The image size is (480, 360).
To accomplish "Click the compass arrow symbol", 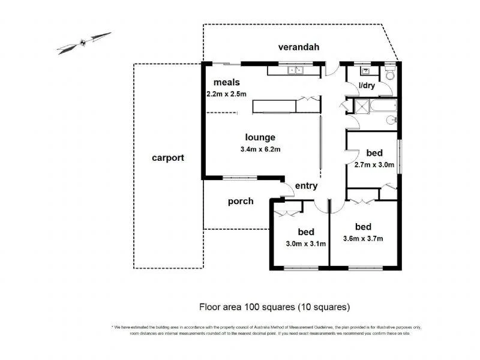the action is pyautogui.click(x=84, y=43).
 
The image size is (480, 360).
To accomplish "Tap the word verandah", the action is pyautogui.click(x=297, y=47).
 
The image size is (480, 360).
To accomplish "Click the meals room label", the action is pyautogui.click(x=227, y=82).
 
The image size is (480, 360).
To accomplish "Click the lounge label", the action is pyautogui.click(x=259, y=137).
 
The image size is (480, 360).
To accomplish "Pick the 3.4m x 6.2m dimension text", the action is pyautogui.click(x=260, y=149).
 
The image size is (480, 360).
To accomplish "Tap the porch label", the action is pyautogui.click(x=241, y=201).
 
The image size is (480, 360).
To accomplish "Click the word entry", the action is pyautogui.click(x=306, y=186).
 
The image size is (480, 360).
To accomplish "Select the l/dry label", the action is pyautogui.click(x=367, y=86).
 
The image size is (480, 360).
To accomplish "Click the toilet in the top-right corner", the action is pyautogui.click(x=390, y=74).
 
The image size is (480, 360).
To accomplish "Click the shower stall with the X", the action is pyautogui.click(x=362, y=107).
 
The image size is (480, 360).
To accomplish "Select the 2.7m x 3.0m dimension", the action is pyautogui.click(x=374, y=164).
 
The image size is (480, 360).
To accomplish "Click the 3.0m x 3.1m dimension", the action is pyautogui.click(x=305, y=244).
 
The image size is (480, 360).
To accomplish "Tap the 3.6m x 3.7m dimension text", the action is pyautogui.click(x=363, y=238).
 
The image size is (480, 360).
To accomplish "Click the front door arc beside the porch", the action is pyautogui.click(x=287, y=190).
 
